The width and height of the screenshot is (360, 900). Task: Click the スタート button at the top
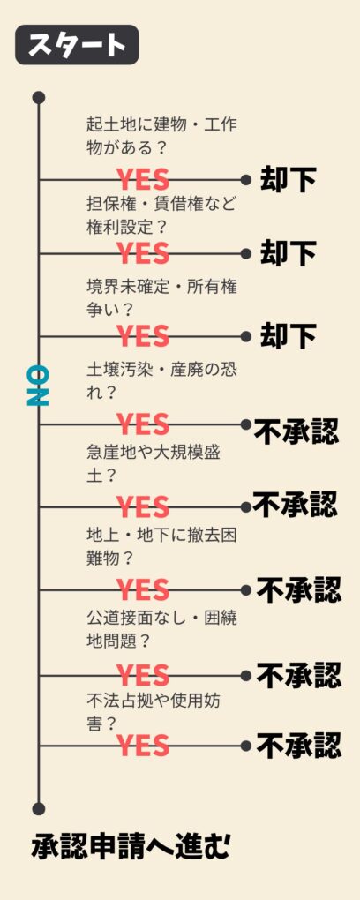pyautogui.click(x=77, y=44)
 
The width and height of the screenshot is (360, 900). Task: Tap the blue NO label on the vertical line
pyautogui.click(x=38, y=386)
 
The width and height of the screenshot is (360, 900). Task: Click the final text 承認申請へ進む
pyautogui.click(x=131, y=847)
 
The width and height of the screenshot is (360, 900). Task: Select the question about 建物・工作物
pyautogui.click(x=161, y=136)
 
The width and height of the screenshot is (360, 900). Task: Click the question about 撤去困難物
pyautogui.click(x=161, y=546)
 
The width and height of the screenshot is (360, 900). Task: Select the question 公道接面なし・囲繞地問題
pyautogui.click(x=161, y=629)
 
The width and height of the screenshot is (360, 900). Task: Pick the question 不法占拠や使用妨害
pyautogui.click(x=155, y=712)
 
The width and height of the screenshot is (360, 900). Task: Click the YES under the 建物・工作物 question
pyautogui.click(x=143, y=180)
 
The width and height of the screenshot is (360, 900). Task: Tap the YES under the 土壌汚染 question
pyautogui.click(x=143, y=424)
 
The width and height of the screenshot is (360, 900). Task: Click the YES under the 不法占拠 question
pyautogui.click(x=143, y=746)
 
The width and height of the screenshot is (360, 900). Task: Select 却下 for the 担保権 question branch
pyautogui.click(x=288, y=253)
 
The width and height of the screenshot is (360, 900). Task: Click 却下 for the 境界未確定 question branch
pyautogui.click(x=288, y=336)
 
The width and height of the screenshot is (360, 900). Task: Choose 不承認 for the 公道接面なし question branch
pyautogui.click(x=298, y=675)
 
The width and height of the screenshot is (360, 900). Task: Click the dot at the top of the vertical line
pyautogui.click(x=39, y=98)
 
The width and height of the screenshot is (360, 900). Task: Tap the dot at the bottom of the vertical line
pyautogui.click(x=39, y=809)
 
